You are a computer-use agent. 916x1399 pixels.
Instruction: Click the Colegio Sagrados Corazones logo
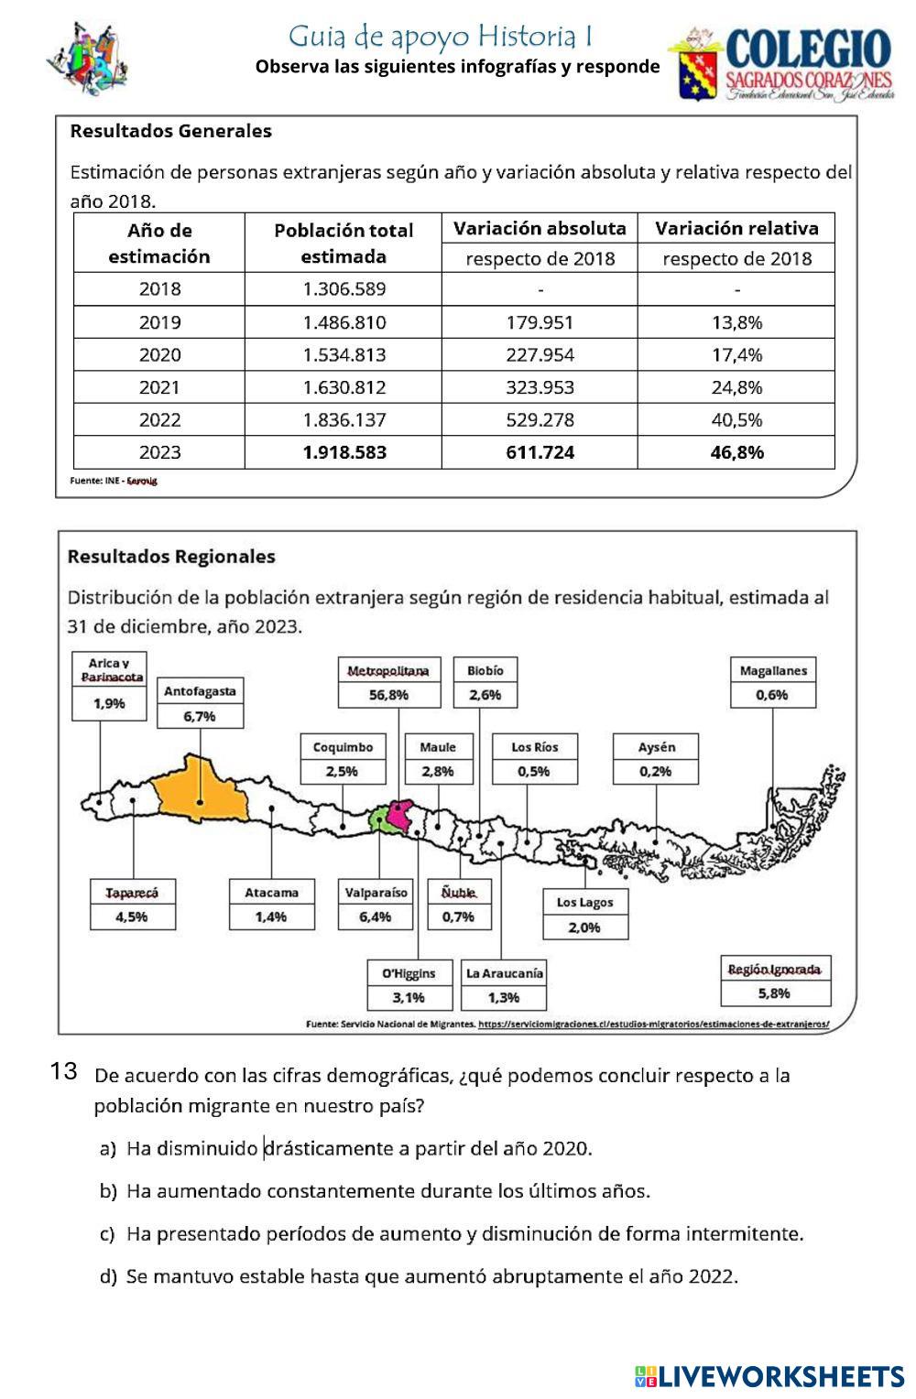(784, 62)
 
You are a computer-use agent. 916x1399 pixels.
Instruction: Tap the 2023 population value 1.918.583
(344, 452)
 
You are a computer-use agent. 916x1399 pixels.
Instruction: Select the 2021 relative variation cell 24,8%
(736, 387)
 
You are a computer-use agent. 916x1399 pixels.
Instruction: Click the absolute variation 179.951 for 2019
(540, 322)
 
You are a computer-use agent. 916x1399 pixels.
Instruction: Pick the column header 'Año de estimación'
(159, 243)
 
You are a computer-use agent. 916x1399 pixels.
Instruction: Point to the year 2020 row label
(159, 354)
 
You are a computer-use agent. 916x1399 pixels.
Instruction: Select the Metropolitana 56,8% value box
(388, 695)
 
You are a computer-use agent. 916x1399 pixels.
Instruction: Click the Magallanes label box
(773, 671)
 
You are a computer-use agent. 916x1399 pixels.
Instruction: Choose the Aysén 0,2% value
(655, 771)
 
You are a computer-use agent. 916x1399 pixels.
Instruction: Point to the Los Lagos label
(584, 902)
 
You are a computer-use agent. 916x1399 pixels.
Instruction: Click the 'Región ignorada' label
(774, 970)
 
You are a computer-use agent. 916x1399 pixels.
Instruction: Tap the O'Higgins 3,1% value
(409, 997)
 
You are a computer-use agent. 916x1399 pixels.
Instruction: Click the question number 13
(63, 1071)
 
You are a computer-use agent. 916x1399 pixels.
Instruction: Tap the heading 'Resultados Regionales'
(171, 557)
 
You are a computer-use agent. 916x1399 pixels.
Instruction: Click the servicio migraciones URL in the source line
(653, 1025)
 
